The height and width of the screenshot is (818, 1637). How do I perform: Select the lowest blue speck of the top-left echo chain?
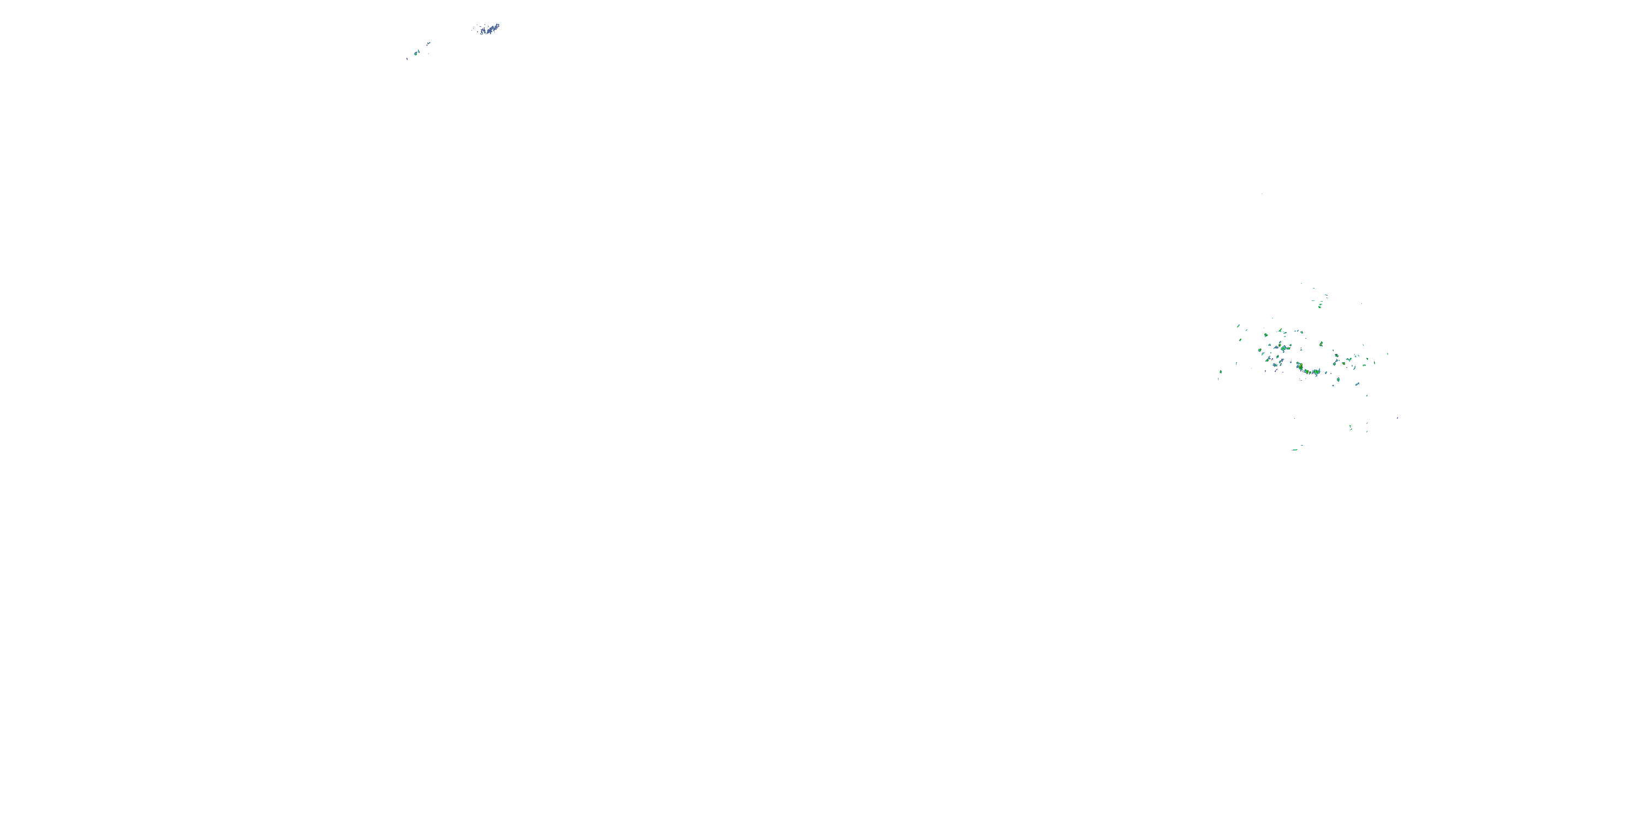pos(408,59)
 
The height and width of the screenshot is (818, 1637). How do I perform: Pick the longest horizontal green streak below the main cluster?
pos(1295,450)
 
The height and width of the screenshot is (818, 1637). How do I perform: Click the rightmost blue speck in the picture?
pos(1397,418)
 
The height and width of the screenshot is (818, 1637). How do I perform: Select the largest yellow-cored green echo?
pos(1300,367)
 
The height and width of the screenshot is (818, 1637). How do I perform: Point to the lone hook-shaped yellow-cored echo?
pos(1321,344)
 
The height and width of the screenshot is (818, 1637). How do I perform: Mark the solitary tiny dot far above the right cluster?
pos(1262,194)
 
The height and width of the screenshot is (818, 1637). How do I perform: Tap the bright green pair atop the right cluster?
pos(1320,305)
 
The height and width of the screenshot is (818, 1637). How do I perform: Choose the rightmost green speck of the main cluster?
pos(1387,354)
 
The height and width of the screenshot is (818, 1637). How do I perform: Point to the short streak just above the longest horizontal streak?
pos(1301,445)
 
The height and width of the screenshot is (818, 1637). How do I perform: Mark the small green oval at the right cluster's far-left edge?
pos(1221,372)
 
